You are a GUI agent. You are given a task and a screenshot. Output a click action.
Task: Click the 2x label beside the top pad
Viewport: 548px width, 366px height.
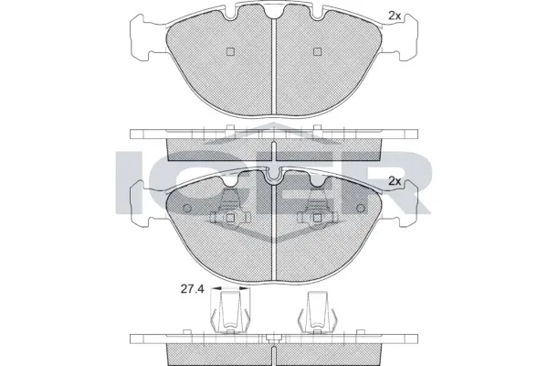[x=395, y=16]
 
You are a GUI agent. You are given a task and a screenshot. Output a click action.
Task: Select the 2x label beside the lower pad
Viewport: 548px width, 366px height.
[x=395, y=181]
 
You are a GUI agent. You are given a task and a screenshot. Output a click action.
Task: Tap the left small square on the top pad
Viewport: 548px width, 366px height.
[x=230, y=51]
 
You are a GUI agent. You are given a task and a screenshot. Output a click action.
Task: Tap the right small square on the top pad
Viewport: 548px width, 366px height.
[x=318, y=51]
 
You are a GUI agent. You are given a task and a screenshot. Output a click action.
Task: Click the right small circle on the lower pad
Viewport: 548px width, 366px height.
[x=362, y=206]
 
